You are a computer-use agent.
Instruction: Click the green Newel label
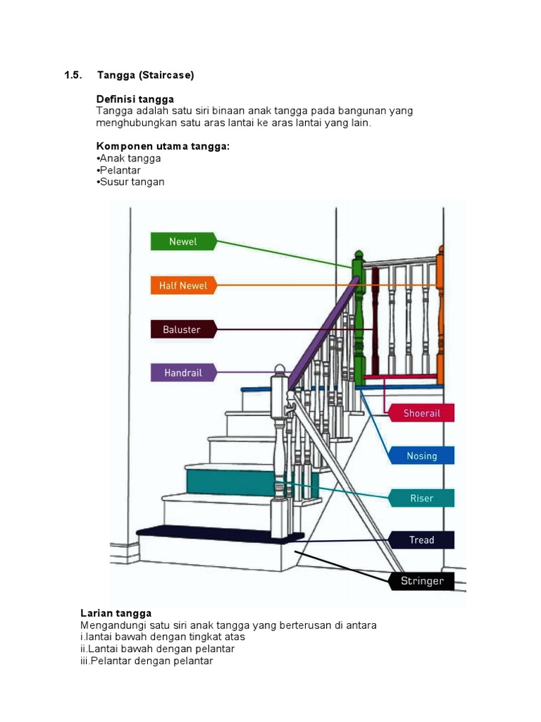(x=182, y=242)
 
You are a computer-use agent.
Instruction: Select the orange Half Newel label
(x=182, y=286)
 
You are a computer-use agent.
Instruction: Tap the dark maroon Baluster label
(x=182, y=329)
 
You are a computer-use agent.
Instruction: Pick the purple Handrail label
(x=182, y=372)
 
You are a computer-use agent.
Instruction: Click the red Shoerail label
(x=421, y=413)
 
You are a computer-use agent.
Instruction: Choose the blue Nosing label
(x=421, y=455)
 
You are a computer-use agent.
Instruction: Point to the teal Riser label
(x=421, y=498)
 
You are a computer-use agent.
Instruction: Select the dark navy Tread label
(x=421, y=540)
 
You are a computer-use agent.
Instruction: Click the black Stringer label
(x=422, y=581)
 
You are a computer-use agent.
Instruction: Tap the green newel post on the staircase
(x=359, y=317)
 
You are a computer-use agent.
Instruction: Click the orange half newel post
(x=440, y=317)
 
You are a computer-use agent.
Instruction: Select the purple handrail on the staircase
(x=324, y=331)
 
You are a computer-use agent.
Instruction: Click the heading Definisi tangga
(x=135, y=99)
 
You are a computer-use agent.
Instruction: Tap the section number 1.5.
(x=73, y=75)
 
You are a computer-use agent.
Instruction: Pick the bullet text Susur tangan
(x=132, y=182)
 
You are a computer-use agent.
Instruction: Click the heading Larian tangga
(x=116, y=613)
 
